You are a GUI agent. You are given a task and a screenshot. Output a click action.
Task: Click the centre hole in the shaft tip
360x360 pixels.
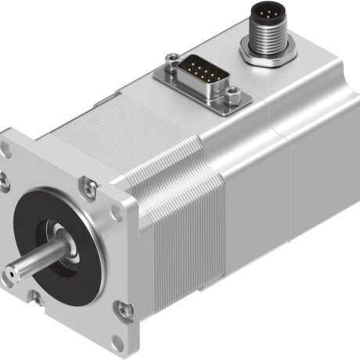click(11, 273)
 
